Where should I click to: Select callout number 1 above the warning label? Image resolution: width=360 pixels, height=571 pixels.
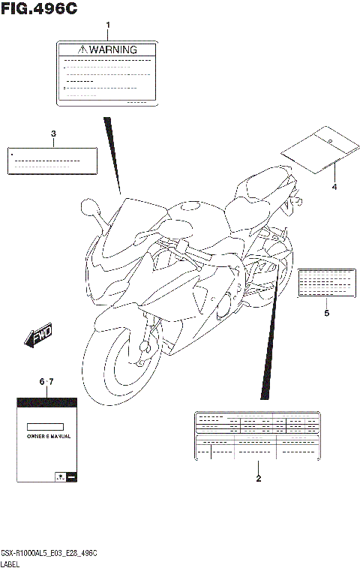107,26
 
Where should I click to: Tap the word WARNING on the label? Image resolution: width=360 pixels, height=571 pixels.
114,50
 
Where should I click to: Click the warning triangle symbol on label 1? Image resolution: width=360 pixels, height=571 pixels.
82,50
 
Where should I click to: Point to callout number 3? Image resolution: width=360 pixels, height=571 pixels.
53,134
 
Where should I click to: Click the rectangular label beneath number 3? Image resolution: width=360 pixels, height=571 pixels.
53,161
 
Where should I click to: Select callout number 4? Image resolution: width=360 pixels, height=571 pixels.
334,187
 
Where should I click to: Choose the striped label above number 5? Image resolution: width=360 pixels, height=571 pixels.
325,283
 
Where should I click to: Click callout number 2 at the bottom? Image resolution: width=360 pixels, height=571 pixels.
258,479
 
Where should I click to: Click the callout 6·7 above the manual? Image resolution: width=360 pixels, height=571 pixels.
46,383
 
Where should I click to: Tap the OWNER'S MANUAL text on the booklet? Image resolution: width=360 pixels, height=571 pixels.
46,435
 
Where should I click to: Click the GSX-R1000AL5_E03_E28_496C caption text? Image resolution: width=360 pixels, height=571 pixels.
50,552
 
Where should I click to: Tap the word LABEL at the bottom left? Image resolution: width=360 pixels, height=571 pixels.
11,563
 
